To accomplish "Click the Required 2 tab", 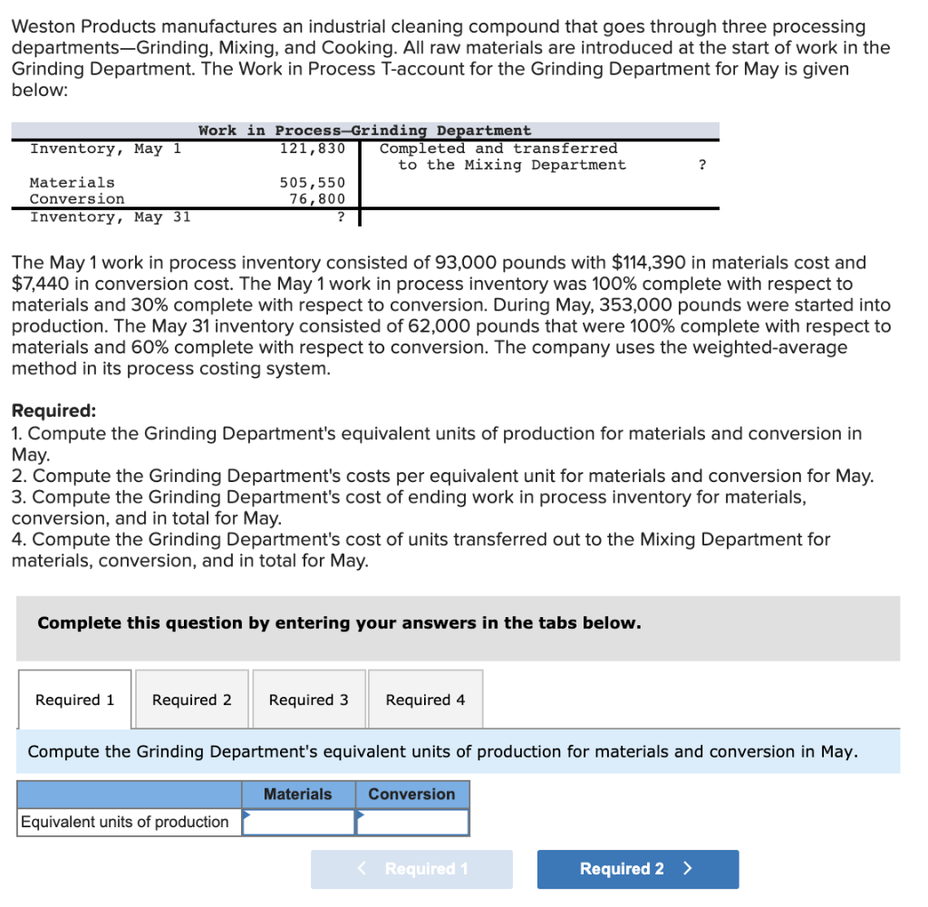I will coord(191,700).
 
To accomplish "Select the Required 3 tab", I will coord(308,700).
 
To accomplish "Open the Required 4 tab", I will coord(425,700).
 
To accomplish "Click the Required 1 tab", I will coord(74,700).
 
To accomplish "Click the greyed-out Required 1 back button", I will coord(411,869).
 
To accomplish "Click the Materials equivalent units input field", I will coord(298,822).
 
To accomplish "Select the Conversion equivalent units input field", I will coord(412,822).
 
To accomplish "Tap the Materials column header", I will coord(297,795).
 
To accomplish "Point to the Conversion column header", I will coord(411,795).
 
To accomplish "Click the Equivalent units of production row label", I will coord(125,822).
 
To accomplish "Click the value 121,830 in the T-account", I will coord(313,149).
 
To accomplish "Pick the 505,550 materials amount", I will coord(313,183).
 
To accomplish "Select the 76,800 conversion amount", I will coord(317,199).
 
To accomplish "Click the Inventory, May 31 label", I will coord(110,217).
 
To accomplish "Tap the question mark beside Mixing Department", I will coord(702,165).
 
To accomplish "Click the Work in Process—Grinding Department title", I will coord(364,130).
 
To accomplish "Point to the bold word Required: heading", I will coord(53,411).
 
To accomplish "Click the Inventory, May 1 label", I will coord(105,149).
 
